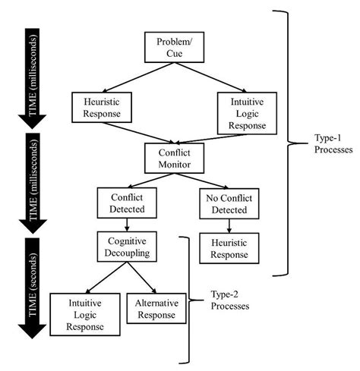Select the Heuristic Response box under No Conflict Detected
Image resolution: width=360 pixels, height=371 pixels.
pos(224,247)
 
